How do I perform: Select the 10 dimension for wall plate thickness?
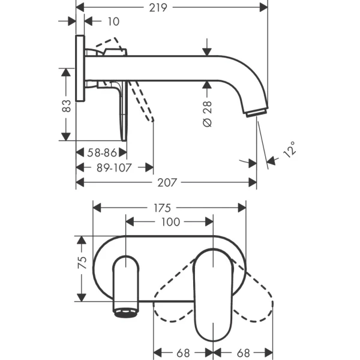click(112, 22)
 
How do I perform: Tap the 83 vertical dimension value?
click(67, 105)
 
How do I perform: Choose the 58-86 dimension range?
click(101, 153)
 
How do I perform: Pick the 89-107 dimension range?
click(114, 167)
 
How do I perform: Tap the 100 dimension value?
click(170, 222)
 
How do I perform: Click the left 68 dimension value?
click(184, 353)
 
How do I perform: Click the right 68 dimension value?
click(242, 353)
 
